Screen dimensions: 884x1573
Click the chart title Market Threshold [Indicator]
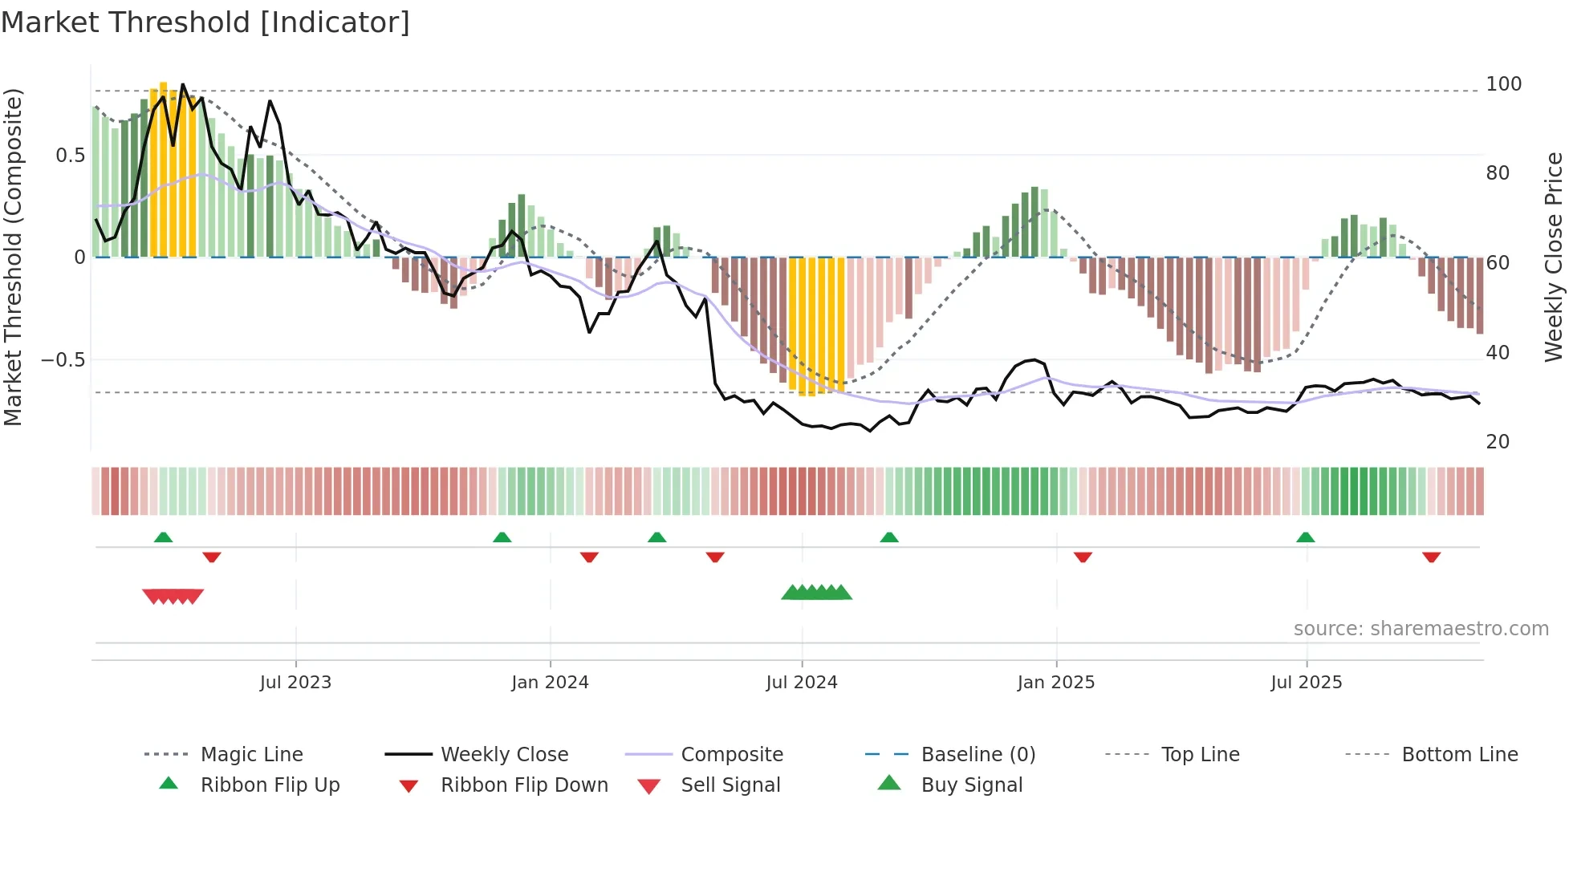click(205, 22)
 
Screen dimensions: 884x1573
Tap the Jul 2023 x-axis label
click(295, 683)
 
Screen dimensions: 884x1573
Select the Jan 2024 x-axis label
click(550, 683)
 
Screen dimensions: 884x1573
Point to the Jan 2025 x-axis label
click(1055, 683)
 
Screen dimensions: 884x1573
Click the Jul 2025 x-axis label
click(1306, 683)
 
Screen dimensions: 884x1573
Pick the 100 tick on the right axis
click(1503, 84)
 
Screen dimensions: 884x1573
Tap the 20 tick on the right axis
click(1498, 442)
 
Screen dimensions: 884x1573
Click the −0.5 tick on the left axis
click(63, 360)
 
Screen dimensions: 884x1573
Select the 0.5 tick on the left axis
click(70, 156)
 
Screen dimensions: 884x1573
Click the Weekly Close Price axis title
click(1554, 257)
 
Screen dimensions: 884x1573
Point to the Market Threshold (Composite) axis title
click(13, 257)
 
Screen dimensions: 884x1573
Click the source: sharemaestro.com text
click(1421, 629)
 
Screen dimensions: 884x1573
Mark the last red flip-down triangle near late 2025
click(1431, 557)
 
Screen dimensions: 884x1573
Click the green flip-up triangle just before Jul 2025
click(1305, 537)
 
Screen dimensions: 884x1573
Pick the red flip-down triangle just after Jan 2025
click(1083, 557)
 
